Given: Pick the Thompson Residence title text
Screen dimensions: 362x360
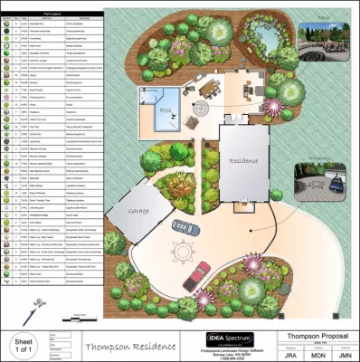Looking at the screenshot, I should pos(126,345).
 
